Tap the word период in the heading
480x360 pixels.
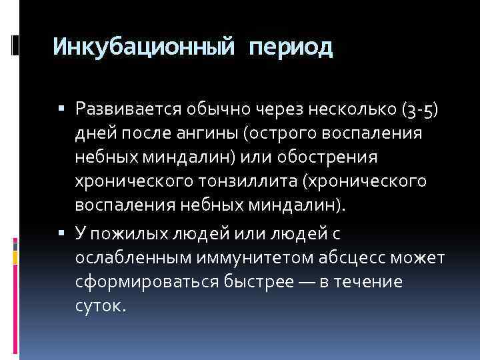[x=291, y=47]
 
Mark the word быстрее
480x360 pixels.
[x=252, y=282]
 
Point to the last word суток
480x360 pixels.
[x=100, y=307]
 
